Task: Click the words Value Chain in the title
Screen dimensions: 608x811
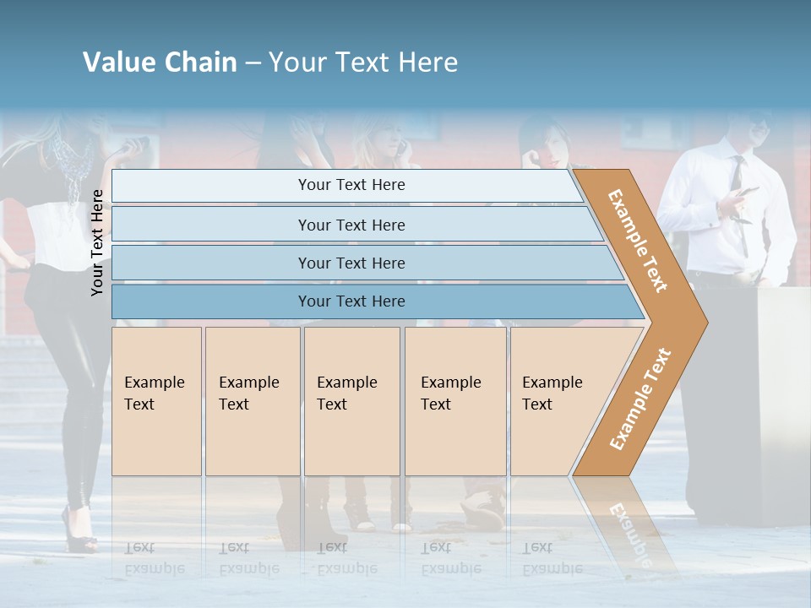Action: click(x=160, y=62)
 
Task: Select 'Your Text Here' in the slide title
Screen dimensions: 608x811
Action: click(x=362, y=62)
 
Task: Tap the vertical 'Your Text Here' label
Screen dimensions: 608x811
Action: click(x=97, y=242)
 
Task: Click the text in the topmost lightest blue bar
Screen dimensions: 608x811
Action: click(x=351, y=185)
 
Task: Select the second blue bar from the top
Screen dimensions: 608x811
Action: click(x=351, y=225)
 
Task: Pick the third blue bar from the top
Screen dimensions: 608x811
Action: click(x=351, y=263)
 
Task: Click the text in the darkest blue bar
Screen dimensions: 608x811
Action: click(x=351, y=301)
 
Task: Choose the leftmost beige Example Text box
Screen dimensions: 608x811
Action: click(x=156, y=401)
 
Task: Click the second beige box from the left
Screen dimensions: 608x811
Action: click(x=252, y=401)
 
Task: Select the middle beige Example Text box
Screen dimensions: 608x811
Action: click(x=351, y=401)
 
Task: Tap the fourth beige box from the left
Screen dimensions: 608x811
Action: click(x=455, y=401)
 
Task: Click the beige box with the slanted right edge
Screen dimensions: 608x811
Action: click(x=558, y=401)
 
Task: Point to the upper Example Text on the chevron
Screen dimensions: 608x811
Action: click(x=638, y=241)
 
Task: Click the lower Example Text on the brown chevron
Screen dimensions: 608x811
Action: click(x=640, y=399)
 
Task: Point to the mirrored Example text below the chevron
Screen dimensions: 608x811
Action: click(x=629, y=534)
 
